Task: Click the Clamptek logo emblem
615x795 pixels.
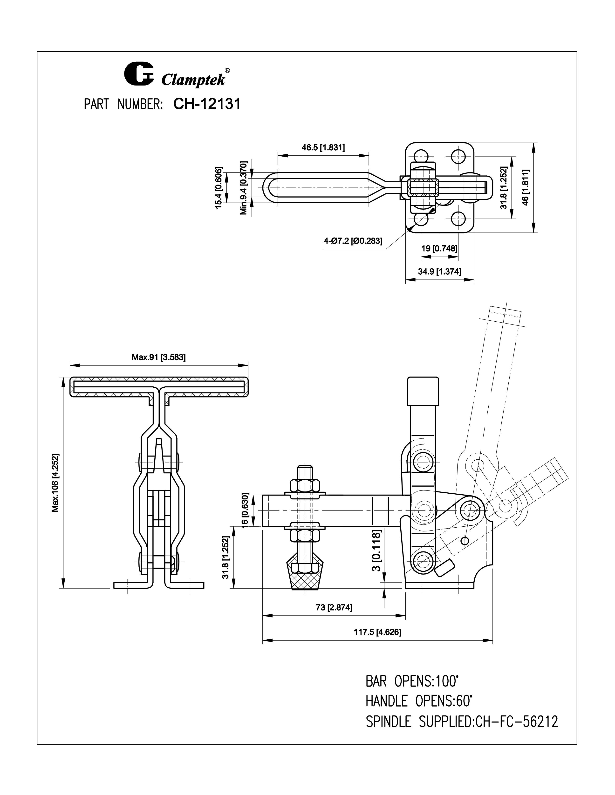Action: [139, 74]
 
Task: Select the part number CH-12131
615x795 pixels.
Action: [207, 104]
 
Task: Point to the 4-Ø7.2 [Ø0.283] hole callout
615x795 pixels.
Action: [353, 241]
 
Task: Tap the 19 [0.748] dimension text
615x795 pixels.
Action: [439, 249]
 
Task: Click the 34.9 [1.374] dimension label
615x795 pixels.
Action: [439, 271]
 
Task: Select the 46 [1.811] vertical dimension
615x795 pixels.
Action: [525, 187]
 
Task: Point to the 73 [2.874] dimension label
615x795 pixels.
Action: [334, 608]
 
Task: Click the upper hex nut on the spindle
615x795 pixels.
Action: [305, 485]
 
